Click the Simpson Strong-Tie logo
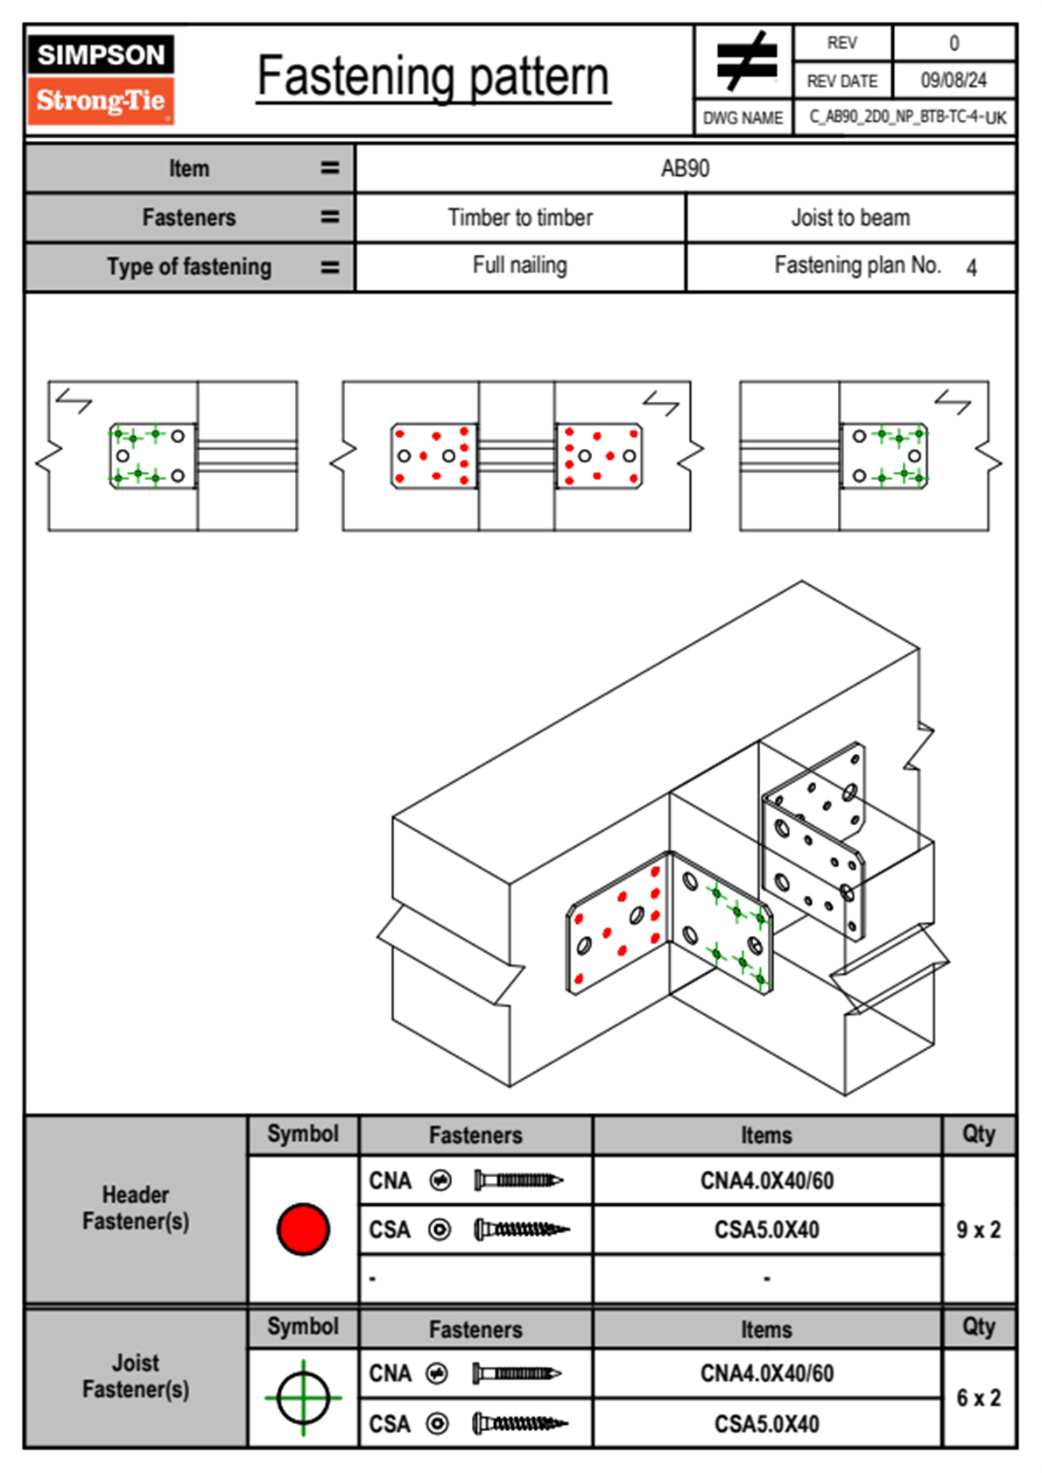[x=101, y=79]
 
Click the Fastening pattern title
[x=433, y=77]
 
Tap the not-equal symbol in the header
[x=745, y=61]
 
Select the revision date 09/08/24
[x=953, y=81]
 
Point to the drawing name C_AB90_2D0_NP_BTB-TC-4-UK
[x=907, y=117]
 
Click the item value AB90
[x=685, y=168]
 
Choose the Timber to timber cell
[x=520, y=217]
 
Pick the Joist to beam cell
[x=850, y=217]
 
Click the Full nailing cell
[x=520, y=265]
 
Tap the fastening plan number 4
[x=971, y=268]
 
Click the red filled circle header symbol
[x=303, y=1229]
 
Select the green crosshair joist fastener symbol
[x=303, y=1398]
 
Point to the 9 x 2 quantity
[x=978, y=1230]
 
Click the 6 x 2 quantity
[x=978, y=1398]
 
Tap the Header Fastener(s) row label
[x=136, y=1208]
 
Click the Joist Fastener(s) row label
[x=136, y=1376]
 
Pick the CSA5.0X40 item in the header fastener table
[x=767, y=1230]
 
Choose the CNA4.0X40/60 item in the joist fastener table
[x=767, y=1373]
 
